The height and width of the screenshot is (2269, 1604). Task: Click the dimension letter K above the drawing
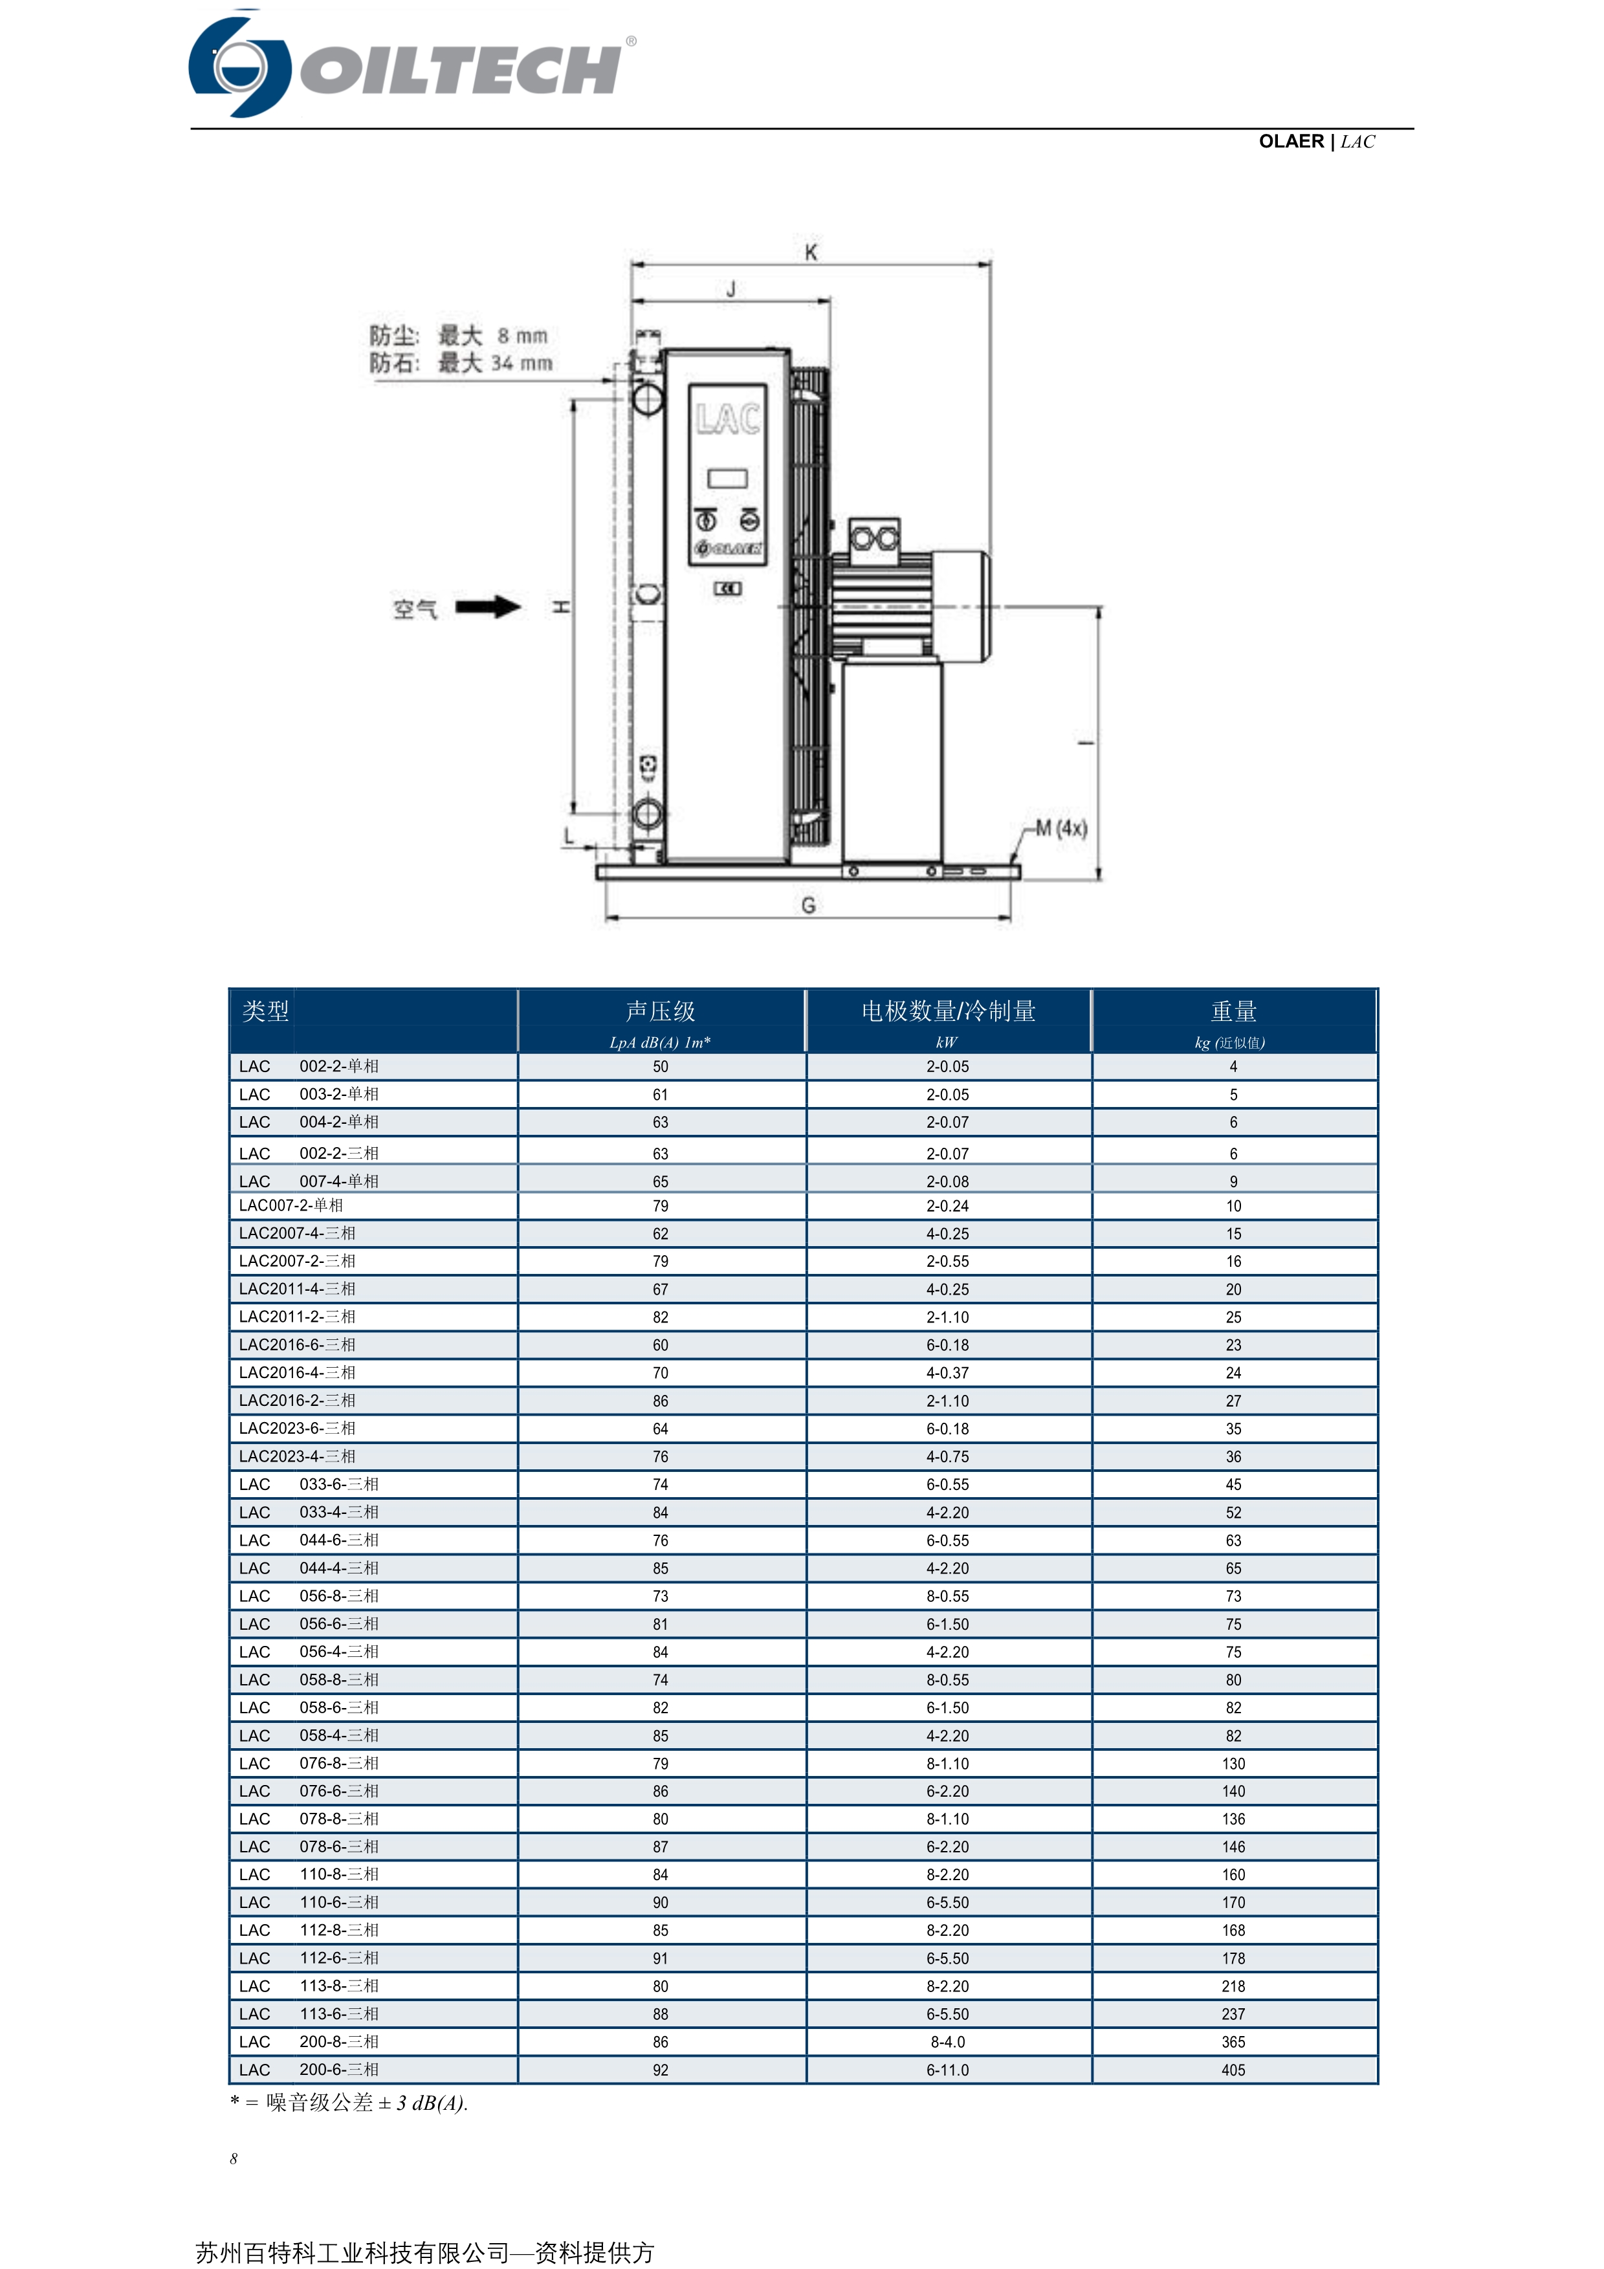point(810,253)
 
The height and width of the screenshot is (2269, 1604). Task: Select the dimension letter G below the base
point(808,905)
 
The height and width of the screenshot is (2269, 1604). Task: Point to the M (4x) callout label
point(1060,828)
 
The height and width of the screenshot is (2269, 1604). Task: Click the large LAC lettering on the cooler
point(727,419)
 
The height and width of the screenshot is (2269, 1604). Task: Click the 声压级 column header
point(660,1011)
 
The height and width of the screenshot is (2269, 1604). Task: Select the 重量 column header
point(1233,1011)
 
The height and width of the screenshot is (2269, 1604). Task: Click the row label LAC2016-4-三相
point(296,1373)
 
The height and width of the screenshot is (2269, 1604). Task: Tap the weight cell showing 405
point(1233,2069)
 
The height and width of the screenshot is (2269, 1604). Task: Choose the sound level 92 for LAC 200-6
point(660,2069)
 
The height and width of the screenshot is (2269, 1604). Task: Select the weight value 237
point(1233,2014)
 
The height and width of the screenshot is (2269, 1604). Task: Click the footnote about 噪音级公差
point(349,2103)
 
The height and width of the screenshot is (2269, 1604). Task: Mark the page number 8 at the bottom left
point(234,2158)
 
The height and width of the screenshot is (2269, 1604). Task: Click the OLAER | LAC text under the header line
point(1315,141)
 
